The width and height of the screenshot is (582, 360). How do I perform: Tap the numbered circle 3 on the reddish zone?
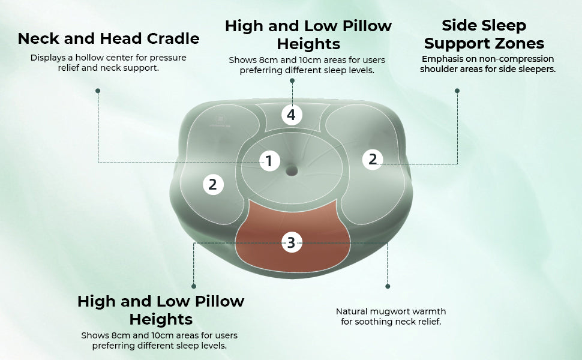(291, 242)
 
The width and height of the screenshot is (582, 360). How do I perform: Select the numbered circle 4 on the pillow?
(291, 114)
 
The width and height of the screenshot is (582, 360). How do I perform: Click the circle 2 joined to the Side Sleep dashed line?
(373, 159)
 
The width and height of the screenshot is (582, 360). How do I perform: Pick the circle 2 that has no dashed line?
(212, 184)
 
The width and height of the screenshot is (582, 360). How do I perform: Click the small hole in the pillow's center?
(292, 171)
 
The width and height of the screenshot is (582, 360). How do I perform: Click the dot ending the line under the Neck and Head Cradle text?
(98, 91)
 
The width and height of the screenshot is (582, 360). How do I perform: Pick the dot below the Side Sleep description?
(457, 91)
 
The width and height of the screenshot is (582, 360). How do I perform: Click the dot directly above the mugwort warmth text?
(388, 286)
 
